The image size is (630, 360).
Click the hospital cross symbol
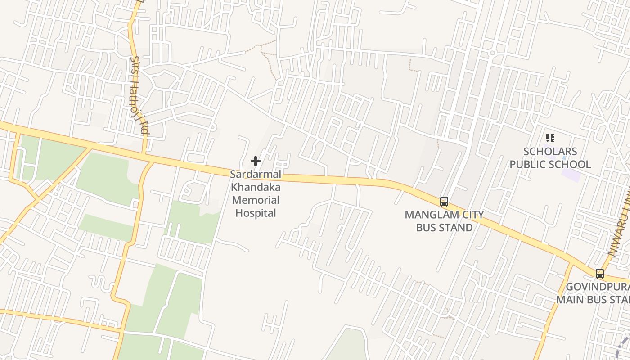pyautogui.click(x=256, y=161)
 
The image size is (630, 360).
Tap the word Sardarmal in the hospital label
pyautogui.click(x=256, y=174)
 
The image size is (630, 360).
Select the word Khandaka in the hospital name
pyautogui.click(x=256, y=187)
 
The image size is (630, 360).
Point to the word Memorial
pyautogui.click(x=256, y=200)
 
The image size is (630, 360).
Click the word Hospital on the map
pyautogui.click(x=256, y=213)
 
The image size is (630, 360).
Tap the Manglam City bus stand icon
pyautogui.click(x=444, y=202)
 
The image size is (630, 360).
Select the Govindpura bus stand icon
pyautogui.click(x=600, y=273)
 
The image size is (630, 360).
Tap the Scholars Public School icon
pyautogui.click(x=550, y=138)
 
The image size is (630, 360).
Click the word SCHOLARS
pyautogui.click(x=550, y=151)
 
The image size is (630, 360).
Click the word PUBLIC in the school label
pyautogui.click(x=528, y=164)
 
